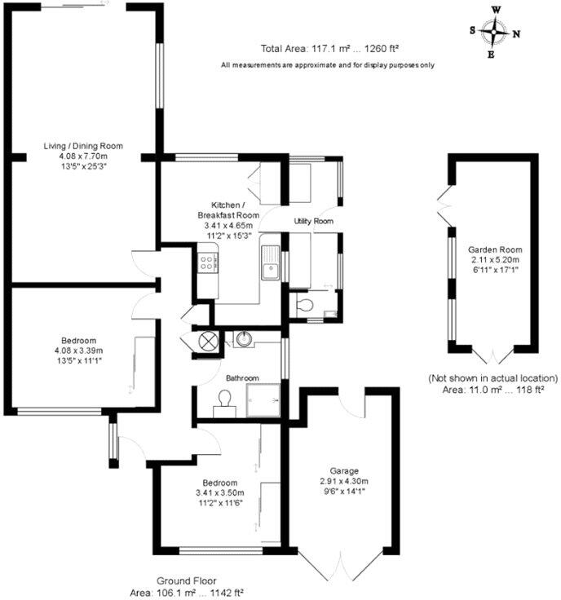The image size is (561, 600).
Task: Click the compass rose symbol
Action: [x=494, y=33]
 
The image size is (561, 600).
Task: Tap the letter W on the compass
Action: [x=495, y=11]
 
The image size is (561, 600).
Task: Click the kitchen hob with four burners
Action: [x=207, y=262]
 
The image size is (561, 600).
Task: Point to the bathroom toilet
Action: [x=223, y=402]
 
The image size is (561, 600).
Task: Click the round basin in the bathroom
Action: [x=242, y=338]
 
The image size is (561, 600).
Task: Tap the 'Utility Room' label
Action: [x=314, y=221]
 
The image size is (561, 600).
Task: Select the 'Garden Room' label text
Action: [x=494, y=249]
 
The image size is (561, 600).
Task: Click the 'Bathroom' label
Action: [x=242, y=378]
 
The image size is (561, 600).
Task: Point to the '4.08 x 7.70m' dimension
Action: [x=82, y=156]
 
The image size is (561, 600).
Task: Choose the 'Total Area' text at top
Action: [x=329, y=48]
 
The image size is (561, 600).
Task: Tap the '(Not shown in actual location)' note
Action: [x=493, y=378]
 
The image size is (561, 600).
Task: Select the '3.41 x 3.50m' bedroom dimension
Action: [x=219, y=493]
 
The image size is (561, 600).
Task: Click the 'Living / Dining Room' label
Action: [x=82, y=146]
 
